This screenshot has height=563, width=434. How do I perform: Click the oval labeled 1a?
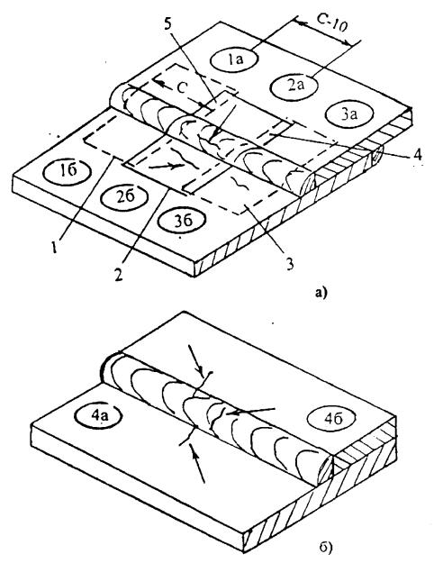click(x=234, y=59)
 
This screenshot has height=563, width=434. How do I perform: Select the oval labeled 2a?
click(x=294, y=86)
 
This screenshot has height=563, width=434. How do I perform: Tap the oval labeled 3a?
click(x=349, y=114)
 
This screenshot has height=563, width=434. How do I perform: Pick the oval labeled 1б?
click(x=67, y=170)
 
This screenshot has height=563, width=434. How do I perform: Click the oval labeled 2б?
click(x=124, y=196)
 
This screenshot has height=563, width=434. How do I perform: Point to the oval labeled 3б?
click(x=183, y=220)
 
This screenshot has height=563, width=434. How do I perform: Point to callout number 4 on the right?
click(x=416, y=156)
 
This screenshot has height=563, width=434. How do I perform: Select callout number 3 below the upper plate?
click(x=289, y=264)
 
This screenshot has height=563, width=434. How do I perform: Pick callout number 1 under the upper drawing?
click(x=54, y=248)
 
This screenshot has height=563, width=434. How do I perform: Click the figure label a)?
click(x=320, y=294)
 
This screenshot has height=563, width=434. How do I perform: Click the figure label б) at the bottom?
click(x=325, y=547)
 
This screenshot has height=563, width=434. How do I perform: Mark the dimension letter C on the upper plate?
click(x=182, y=88)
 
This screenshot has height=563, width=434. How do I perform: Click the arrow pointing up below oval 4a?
click(x=198, y=462)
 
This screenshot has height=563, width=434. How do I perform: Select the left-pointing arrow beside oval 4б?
click(x=250, y=411)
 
